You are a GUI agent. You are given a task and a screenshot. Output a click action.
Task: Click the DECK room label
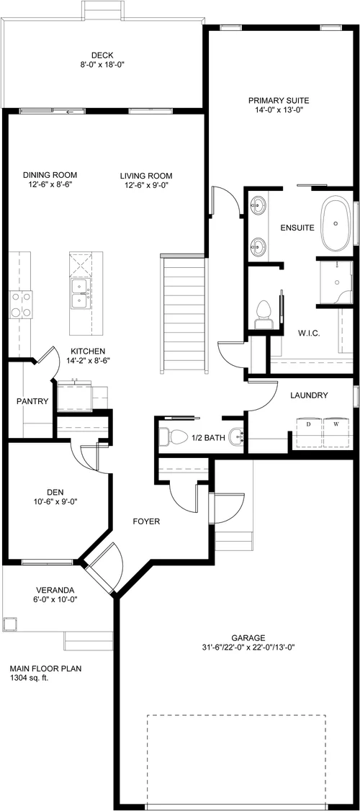click(102, 55)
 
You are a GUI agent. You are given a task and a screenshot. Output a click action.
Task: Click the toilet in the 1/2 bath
click(174, 437)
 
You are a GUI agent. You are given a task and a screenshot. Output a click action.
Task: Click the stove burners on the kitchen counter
click(21, 304)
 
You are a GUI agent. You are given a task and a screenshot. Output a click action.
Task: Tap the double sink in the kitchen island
click(80, 293)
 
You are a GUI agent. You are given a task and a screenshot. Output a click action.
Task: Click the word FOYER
click(146, 521)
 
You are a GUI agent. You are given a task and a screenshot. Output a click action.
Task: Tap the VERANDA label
click(55, 590)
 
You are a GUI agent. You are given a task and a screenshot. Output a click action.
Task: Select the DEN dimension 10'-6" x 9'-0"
click(55, 501)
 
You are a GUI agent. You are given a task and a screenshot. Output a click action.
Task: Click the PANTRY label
click(32, 401)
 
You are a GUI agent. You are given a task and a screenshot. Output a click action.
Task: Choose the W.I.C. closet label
click(309, 333)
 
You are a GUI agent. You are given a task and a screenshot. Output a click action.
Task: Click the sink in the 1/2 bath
click(237, 437)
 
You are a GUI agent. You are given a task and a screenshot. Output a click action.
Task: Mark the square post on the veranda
click(10, 624)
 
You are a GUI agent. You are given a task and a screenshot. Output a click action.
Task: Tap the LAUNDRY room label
click(309, 395)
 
